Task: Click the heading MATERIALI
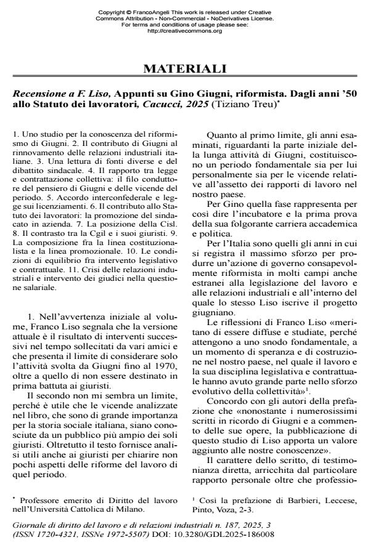[185, 68]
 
